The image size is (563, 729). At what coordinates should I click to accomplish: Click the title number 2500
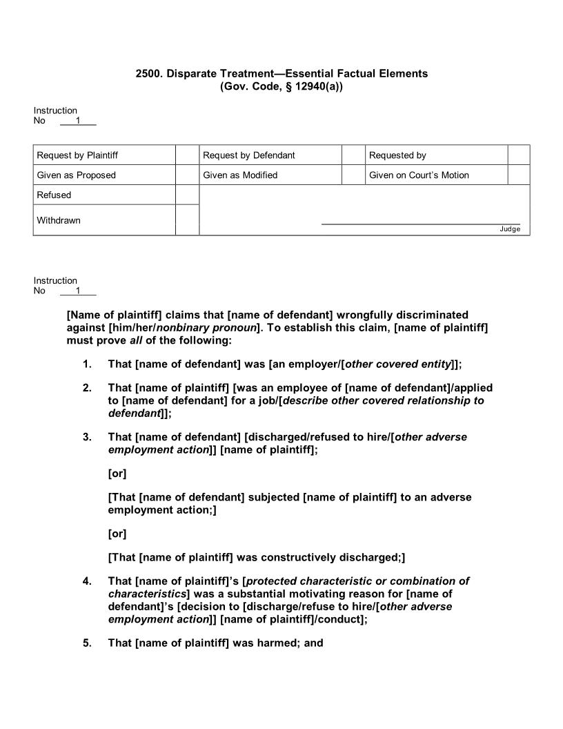point(148,73)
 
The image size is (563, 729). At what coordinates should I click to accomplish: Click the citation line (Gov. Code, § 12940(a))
point(281,86)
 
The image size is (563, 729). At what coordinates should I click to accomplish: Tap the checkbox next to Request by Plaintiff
point(187,155)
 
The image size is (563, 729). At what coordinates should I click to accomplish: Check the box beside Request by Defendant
point(353,155)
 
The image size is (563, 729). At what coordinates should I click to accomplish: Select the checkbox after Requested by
point(519,155)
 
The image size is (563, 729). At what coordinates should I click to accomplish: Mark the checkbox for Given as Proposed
point(187,175)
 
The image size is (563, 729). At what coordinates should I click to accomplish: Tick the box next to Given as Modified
point(353,175)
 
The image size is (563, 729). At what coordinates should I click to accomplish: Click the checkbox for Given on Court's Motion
point(519,175)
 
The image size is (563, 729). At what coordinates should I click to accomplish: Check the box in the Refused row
point(187,195)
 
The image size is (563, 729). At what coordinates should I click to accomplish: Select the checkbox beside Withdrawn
point(187,220)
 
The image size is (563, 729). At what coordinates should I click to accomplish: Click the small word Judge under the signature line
point(510,229)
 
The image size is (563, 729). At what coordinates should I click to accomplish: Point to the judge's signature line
point(420,223)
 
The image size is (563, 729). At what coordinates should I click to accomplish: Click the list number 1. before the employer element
point(87,364)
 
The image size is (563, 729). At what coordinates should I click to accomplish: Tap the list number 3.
point(87,437)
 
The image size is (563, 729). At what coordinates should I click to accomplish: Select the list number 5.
point(87,643)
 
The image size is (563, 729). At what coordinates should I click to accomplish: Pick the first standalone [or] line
point(117,474)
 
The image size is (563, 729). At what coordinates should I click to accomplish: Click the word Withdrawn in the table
point(59,220)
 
